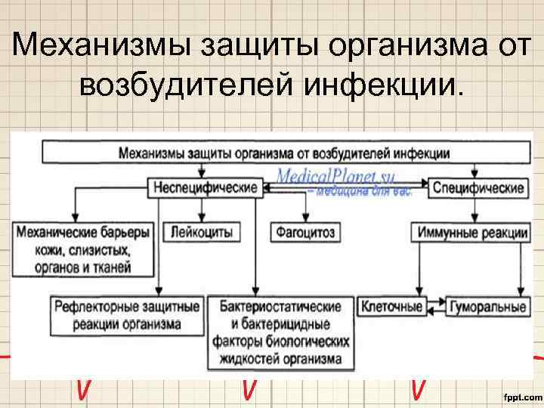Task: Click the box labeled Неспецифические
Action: [x=206, y=187]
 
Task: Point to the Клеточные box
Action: [x=392, y=307]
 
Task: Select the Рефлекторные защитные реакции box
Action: [x=127, y=316]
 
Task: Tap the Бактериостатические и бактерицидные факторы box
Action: [x=283, y=332]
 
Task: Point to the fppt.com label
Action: [x=521, y=395]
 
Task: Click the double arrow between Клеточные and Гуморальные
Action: [x=434, y=307]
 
